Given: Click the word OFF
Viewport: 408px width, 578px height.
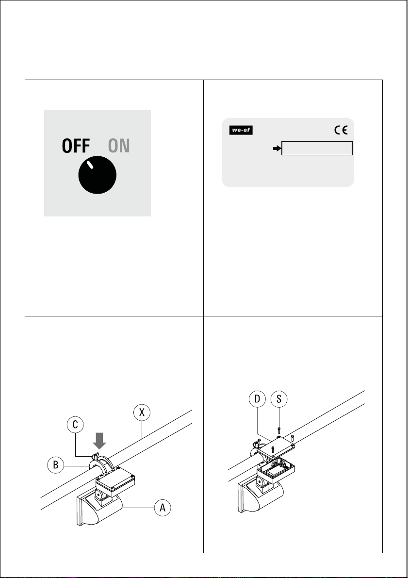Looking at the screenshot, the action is (76, 146).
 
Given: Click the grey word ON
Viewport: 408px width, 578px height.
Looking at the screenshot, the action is (119, 146).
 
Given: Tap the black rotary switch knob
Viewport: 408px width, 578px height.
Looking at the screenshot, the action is (98, 175).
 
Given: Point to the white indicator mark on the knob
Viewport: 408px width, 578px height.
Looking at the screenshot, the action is (90, 165).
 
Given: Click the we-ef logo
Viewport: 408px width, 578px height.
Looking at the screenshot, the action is (241, 130).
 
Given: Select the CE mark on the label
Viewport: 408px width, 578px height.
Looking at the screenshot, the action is (341, 130).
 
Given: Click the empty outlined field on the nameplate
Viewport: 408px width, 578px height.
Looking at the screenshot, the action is (317, 148).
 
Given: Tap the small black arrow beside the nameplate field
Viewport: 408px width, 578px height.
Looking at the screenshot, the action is (277, 148).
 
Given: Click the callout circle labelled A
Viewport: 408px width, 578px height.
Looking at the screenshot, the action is (163, 508).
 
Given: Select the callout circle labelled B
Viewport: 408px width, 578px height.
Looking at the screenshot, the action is (56, 465).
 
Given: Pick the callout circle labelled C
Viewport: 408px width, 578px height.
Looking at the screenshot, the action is (75, 425).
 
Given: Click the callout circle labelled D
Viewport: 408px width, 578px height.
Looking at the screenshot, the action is (257, 398).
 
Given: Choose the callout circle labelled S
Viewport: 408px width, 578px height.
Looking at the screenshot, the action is (278, 398).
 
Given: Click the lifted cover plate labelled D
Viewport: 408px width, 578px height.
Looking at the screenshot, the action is (276, 447).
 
